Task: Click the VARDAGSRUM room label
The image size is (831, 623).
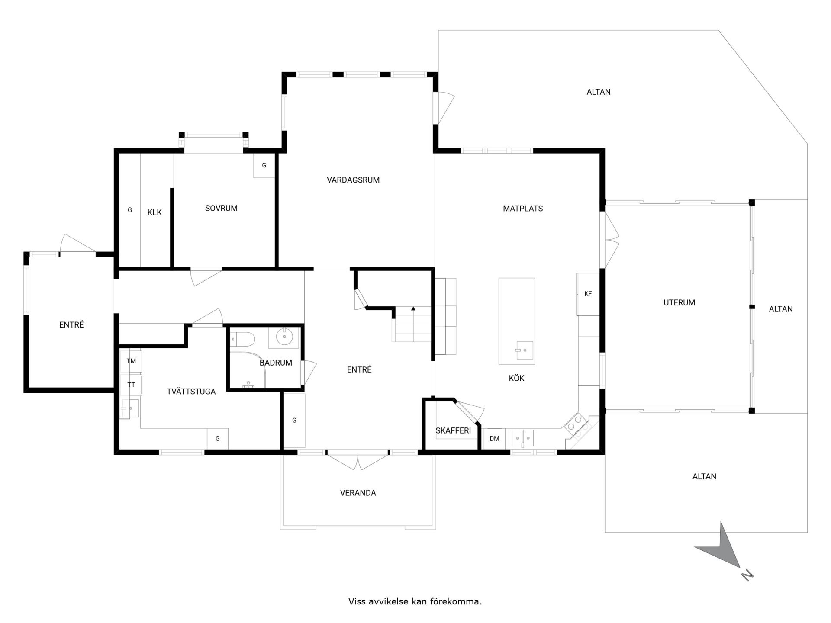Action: [353, 180]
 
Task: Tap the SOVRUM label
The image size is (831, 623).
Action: [221, 208]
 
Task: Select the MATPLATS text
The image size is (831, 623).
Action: [523, 209]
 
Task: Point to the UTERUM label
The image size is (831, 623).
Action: [679, 303]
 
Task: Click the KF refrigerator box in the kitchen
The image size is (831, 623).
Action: [588, 294]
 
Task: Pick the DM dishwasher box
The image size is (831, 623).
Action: [494, 439]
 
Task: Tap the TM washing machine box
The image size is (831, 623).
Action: [131, 361]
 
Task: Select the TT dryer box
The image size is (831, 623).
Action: [131, 385]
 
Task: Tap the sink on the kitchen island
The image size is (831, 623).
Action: [524, 350]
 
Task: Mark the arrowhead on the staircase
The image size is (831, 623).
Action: [413, 308]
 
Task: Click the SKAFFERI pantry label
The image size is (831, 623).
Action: [453, 430]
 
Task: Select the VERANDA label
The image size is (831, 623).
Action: [358, 493]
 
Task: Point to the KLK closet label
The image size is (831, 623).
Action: [155, 212]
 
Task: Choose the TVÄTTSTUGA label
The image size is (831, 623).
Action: [191, 392]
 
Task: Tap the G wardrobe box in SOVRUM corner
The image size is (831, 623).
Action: [264, 165]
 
